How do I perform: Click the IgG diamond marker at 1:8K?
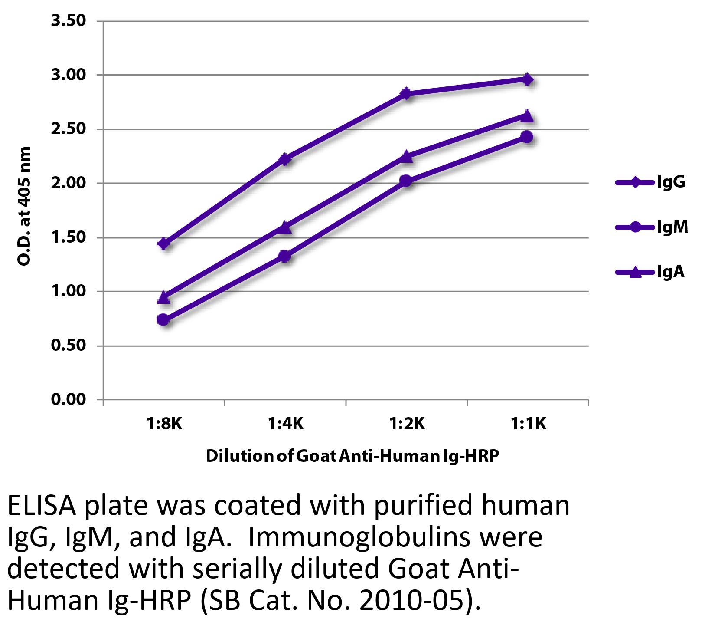point(164,243)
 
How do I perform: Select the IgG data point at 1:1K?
point(527,79)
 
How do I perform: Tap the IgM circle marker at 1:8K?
point(163,320)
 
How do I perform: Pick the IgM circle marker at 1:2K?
point(406,181)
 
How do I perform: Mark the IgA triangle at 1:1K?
point(527,115)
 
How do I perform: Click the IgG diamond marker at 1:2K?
point(406,93)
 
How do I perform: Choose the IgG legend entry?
point(650,182)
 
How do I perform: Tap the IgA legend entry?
point(650,272)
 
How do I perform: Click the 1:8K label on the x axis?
point(164,423)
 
